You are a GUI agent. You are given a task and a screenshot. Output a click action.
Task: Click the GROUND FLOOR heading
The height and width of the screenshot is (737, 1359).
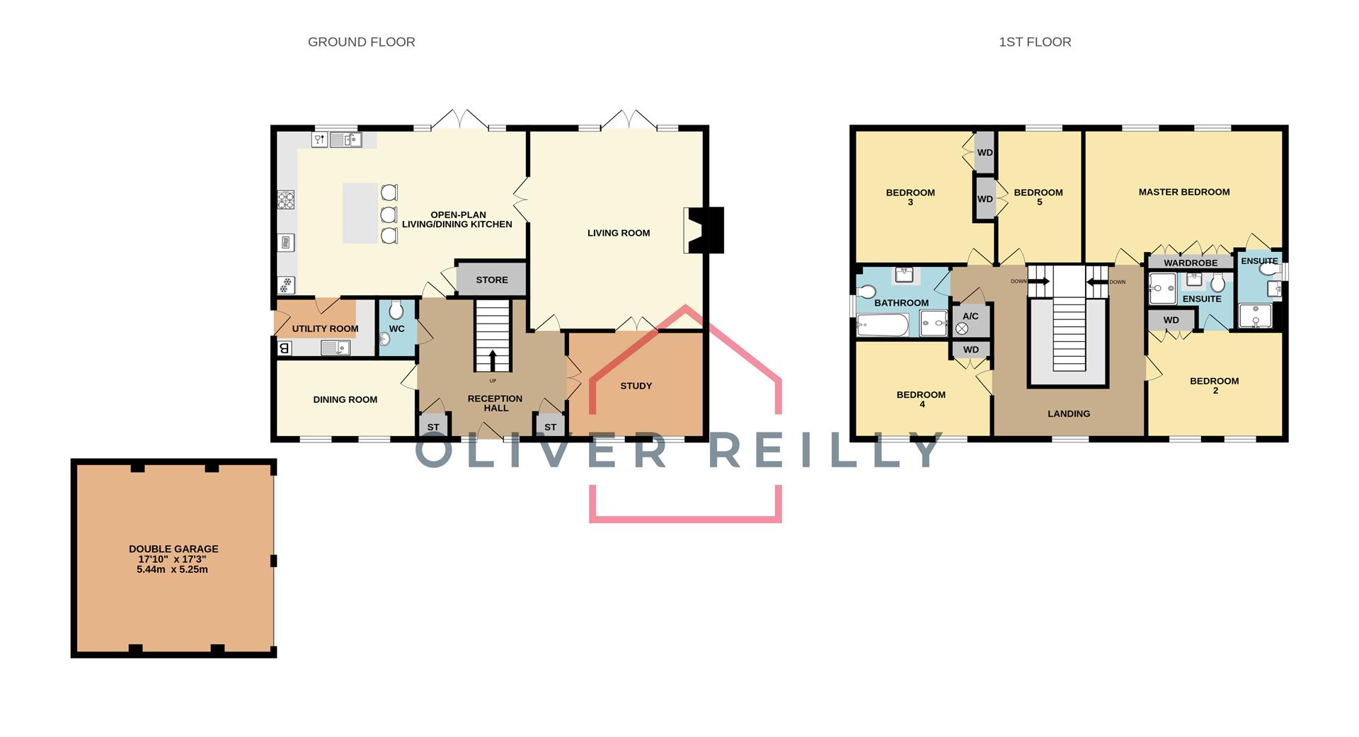[361, 42]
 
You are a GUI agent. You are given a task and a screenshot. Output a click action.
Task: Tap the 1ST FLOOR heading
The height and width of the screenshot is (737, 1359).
[1034, 42]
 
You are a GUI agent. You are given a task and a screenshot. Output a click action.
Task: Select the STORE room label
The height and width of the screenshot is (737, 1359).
[491, 280]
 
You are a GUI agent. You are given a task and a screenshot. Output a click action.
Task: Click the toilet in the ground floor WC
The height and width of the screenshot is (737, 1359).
[396, 309]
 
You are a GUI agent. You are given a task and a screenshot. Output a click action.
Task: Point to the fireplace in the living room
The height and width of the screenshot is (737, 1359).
[705, 230]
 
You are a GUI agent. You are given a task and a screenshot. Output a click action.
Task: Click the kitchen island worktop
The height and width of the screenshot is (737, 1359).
[360, 213]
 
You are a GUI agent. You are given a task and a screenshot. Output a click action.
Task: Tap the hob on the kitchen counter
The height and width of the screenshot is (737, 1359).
[286, 200]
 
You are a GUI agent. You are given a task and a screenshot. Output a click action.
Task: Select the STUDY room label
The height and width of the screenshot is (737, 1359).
[636, 386]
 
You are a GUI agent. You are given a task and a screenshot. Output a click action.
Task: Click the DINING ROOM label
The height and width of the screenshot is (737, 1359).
[345, 399]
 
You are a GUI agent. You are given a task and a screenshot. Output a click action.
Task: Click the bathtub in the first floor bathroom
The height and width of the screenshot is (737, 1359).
[883, 326]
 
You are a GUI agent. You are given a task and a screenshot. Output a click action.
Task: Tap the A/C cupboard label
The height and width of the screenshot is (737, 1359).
[970, 316]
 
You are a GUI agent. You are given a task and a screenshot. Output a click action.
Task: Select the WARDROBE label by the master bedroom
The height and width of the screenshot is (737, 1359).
[1191, 263]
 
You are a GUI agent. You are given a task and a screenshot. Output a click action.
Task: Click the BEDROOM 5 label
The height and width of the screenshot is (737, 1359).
[1038, 197]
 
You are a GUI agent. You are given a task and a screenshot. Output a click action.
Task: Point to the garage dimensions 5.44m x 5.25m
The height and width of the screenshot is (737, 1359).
[172, 569]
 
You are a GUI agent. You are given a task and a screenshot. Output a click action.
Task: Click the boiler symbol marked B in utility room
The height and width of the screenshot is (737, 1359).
[284, 348]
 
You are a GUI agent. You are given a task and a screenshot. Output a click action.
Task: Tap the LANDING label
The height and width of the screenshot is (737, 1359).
[1068, 413]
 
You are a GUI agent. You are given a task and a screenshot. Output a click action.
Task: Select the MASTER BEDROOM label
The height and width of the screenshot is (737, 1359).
[1183, 192]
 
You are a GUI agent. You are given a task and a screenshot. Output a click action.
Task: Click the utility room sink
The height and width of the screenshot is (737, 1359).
[335, 348]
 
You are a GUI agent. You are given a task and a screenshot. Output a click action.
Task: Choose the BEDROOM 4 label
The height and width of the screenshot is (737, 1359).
[921, 399]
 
